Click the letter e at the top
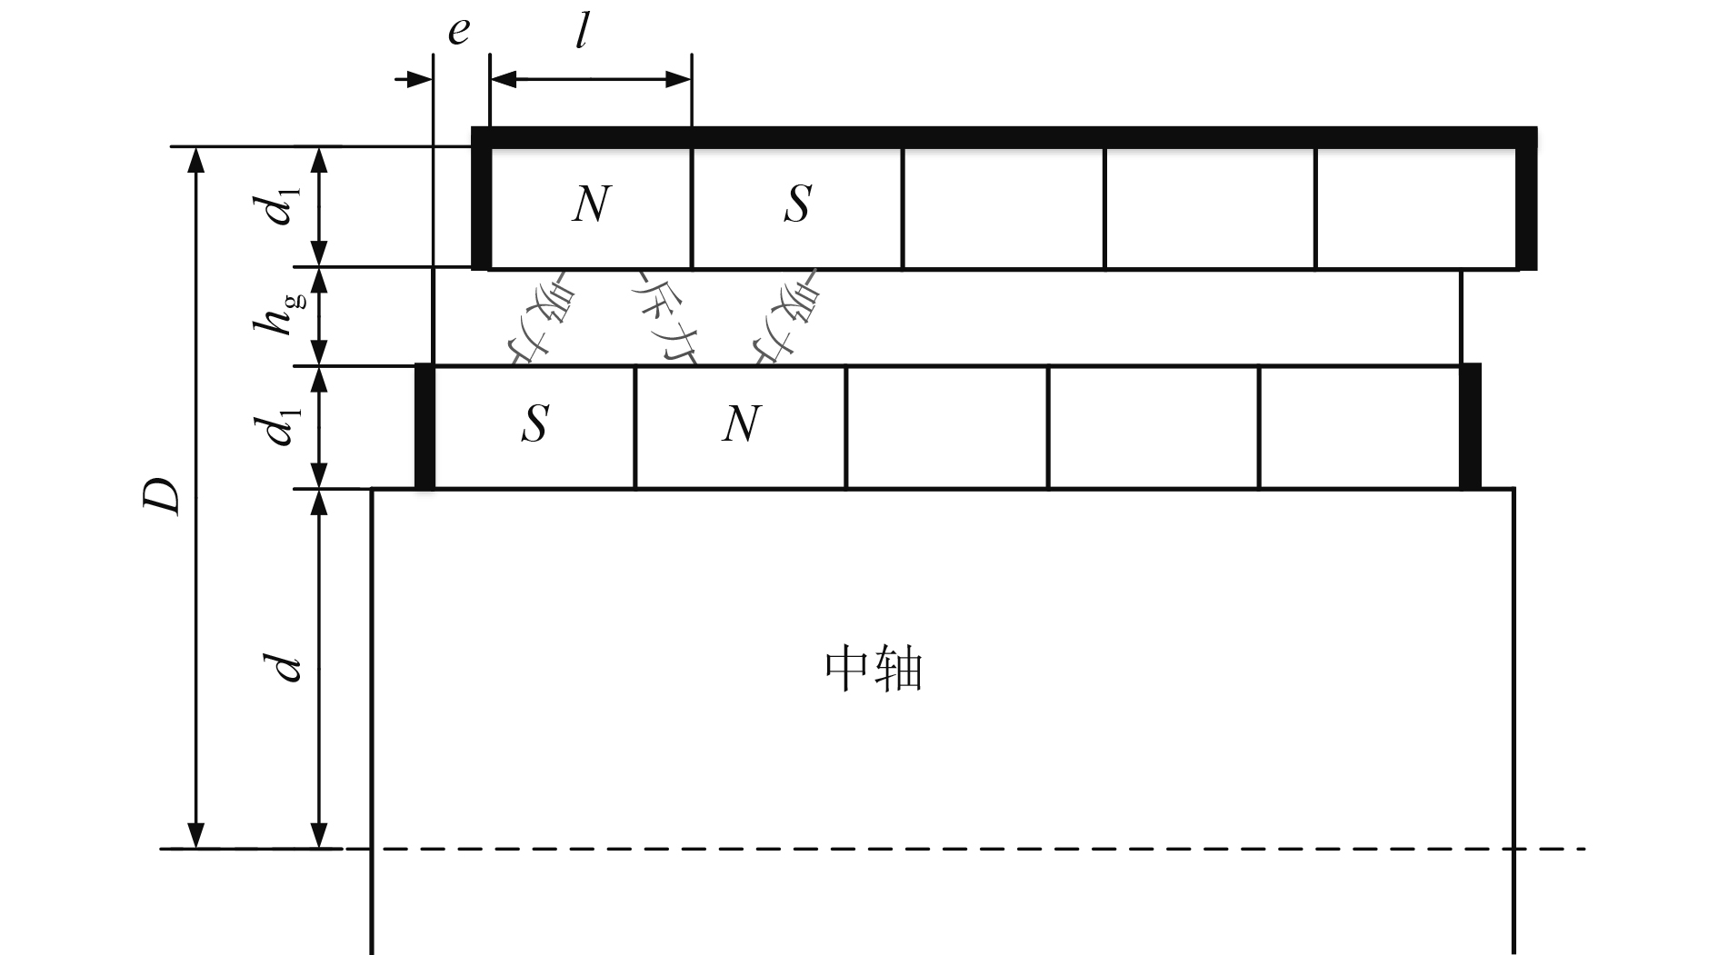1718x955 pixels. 459,32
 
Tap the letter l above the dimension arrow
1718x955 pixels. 583,34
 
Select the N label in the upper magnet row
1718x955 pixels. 591,204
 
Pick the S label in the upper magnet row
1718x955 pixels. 797,204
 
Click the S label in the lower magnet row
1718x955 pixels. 534,423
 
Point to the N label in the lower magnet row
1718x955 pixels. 741,423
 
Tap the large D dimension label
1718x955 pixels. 164,495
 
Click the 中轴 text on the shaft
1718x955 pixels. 874,671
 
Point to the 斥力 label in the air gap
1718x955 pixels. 664,318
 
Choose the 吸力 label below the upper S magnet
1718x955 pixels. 784,318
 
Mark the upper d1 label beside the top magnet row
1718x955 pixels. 282,204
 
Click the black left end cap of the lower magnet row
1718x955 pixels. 425,426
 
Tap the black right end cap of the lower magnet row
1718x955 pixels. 1470,426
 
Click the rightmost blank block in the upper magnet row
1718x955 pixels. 1415,207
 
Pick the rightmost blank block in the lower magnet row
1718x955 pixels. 1359,427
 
